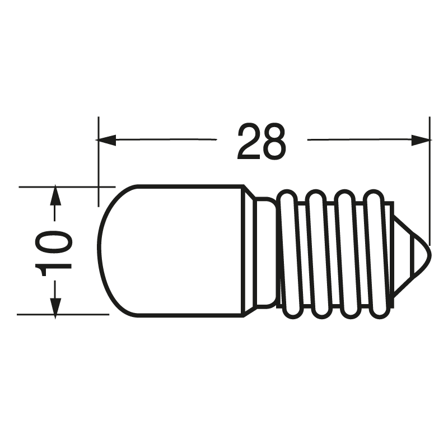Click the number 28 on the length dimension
(x=261, y=141)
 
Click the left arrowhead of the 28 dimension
(x=106, y=140)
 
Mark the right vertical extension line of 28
(x=429, y=179)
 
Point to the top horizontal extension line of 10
(x=67, y=186)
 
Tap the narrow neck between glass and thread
(x=263, y=250)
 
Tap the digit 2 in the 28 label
(x=248, y=141)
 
